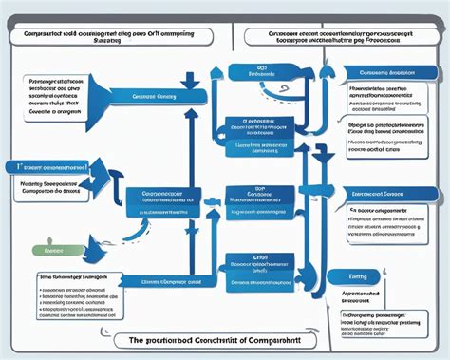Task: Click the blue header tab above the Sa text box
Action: (x=390, y=193)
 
